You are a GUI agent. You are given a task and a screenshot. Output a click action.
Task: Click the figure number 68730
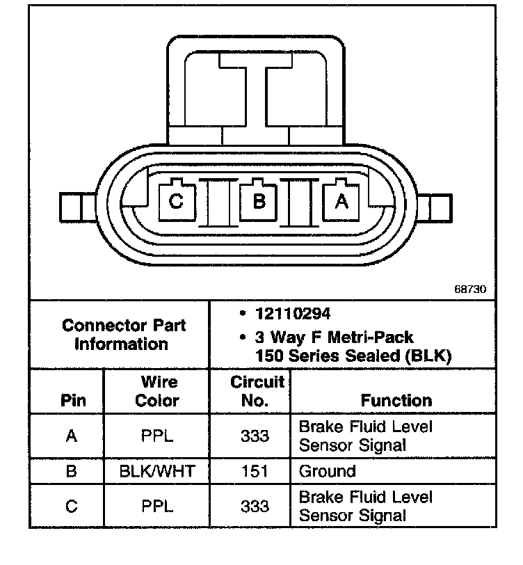coord(470,289)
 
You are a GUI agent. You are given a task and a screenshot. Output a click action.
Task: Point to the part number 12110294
coord(293,314)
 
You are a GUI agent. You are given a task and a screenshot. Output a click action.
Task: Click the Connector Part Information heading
coord(123,335)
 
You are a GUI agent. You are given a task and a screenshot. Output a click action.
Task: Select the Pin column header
coord(73,400)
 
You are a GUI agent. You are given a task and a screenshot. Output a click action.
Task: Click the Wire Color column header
coord(158,391)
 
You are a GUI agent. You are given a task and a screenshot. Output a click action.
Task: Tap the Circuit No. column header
coord(257,391)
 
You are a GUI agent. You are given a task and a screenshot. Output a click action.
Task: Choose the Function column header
coord(396,400)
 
